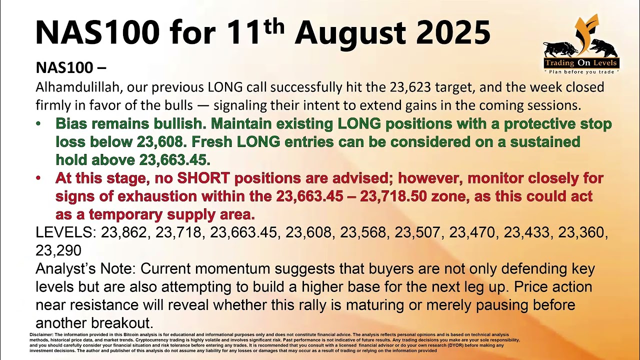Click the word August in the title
click(349, 32)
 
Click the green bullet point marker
click(38, 124)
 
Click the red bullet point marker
click(38, 178)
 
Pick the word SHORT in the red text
click(203, 178)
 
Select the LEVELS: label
click(66, 232)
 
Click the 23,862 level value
click(125, 232)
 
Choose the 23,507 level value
click(418, 232)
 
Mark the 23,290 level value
click(58, 250)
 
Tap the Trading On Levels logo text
click(580, 63)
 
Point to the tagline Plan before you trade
click(581, 72)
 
